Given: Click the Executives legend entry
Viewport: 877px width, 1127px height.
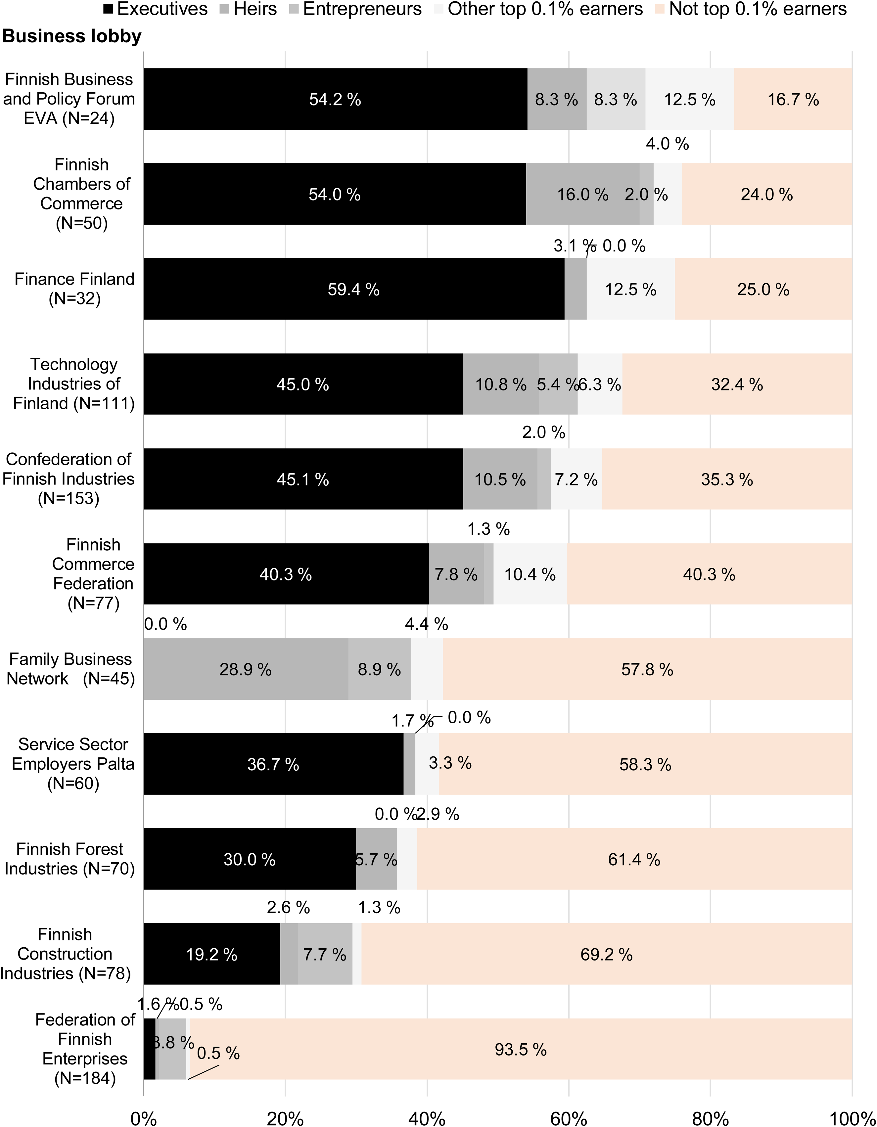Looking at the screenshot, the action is pyautogui.click(x=156, y=9).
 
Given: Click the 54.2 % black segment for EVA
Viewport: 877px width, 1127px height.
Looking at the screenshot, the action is pyautogui.click(x=336, y=99).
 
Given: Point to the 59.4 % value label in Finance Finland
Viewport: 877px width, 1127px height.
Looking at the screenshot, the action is pyautogui.click(x=353, y=290).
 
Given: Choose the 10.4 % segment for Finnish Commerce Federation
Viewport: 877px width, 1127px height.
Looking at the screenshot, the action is pyautogui.click(x=530, y=574).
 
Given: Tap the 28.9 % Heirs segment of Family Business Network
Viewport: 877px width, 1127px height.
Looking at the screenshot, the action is pyautogui.click(x=246, y=669).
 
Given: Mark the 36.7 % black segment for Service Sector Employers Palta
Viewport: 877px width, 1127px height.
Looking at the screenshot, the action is pyautogui.click(x=274, y=764).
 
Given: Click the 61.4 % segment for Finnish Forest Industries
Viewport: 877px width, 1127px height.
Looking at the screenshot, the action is pyautogui.click(x=634, y=859).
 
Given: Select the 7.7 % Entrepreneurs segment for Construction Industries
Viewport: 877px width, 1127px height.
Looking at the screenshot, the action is pyautogui.click(x=325, y=954).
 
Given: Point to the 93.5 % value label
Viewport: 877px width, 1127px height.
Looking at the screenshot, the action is pyautogui.click(x=521, y=1049).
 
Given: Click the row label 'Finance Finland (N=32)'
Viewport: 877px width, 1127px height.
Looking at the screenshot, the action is pyautogui.click(x=74, y=289).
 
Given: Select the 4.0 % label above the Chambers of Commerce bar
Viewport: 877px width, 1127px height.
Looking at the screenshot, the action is pyautogui.click(x=668, y=144).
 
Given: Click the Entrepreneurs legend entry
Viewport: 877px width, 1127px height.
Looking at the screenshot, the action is pyautogui.click(x=356, y=9).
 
